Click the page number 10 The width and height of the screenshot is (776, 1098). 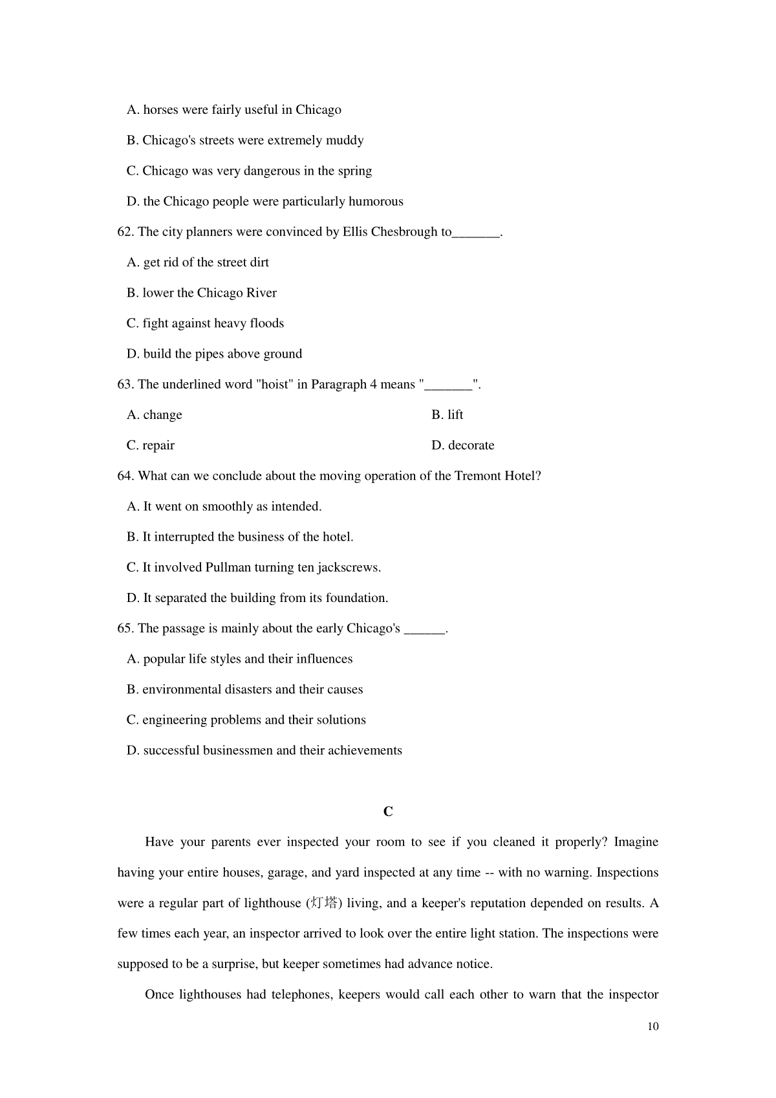(652, 1026)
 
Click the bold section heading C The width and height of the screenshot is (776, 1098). (388, 812)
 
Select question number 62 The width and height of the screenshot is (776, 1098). (125, 232)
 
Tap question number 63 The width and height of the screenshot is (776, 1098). (125, 385)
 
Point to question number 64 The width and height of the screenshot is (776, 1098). (125, 476)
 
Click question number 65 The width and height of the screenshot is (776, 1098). (125, 629)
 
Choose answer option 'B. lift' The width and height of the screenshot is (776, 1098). (447, 415)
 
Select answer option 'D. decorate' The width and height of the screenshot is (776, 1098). (462, 446)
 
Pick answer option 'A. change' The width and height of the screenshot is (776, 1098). (155, 415)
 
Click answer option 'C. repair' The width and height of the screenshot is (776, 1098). (151, 446)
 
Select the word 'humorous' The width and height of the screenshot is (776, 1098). (376, 202)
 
